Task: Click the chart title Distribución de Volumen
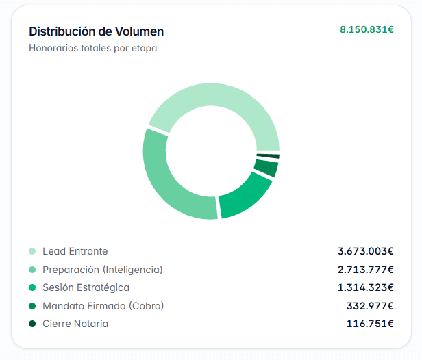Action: [x=97, y=31]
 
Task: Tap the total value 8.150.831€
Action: [x=367, y=29]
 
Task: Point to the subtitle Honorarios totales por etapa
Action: [x=93, y=49]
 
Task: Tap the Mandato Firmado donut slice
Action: [x=266, y=168]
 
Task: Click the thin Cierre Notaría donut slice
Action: [x=268, y=156]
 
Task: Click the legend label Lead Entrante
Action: [x=75, y=251]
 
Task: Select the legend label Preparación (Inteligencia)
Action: [x=103, y=270]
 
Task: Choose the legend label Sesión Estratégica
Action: [x=86, y=287]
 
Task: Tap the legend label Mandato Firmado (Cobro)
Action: [x=103, y=306]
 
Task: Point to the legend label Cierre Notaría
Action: [x=75, y=324]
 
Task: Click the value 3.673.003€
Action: [x=366, y=251]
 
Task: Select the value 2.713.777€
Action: [x=366, y=270]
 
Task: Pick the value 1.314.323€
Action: [x=366, y=287]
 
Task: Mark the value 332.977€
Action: [x=370, y=306]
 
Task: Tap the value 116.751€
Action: [x=370, y=324]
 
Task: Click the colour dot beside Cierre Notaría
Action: [x=32, y=324]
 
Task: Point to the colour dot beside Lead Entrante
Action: [x=32, y=251]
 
